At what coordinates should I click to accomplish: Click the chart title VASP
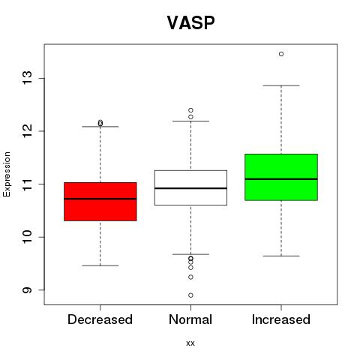pos(190,22)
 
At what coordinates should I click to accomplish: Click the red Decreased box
pos(100,202)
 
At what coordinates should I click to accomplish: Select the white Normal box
pos(190,187)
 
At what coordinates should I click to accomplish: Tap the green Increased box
pos(281,177)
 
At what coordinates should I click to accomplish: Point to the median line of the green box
pos(281,179)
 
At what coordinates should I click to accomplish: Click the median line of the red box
pos(100,199)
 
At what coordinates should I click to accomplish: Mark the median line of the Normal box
pos(190,188)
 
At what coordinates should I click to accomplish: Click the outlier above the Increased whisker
pos(281,54)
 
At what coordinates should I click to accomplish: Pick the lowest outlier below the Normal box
pos(190,295)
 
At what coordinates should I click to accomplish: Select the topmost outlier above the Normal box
pos(190,110)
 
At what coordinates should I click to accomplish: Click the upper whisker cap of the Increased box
pos(281,85)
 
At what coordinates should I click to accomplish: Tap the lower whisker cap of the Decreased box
pos(100,265)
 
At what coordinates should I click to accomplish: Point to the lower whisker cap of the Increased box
pos(281,256)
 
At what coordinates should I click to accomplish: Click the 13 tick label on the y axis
pos(28,78)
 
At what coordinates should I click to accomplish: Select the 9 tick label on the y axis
pos(28,290)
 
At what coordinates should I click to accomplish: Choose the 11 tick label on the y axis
pos(28,184)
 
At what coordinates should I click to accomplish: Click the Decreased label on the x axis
pos(100,319)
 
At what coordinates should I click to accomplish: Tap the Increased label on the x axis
pos(281,319)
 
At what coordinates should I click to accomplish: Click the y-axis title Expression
pos(7,174)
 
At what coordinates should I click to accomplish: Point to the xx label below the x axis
pos(190,343)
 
